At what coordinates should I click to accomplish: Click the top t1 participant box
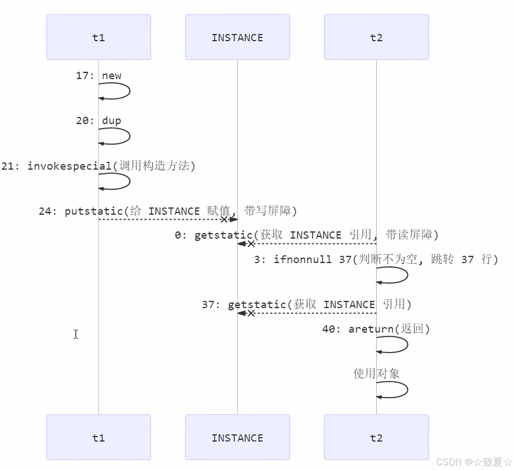[x=98, y=37]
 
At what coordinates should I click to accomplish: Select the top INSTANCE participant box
[x=237, y=37]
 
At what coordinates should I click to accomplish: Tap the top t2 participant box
[x=376, y=37]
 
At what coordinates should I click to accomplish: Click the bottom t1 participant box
[x=98, y=437]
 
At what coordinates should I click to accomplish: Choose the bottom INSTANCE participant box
[x=237, y=437]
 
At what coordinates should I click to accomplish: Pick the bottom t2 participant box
[x=376, y=437]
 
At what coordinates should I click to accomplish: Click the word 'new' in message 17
[x=111, y=76]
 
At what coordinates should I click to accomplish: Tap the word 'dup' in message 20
[x=111, y=121]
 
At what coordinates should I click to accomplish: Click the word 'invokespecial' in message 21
[x=69, y=166]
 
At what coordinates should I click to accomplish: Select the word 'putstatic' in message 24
[x=93, y=211]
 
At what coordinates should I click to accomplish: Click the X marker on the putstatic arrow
[x=224, y=219]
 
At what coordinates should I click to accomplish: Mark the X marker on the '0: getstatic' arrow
[x=251, y=244]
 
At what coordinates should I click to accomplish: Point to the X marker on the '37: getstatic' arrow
[x=251, y=313]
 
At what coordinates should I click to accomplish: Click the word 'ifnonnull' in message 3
[x=302, y=259]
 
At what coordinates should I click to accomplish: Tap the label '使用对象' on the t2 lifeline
[x=376, y=373]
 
